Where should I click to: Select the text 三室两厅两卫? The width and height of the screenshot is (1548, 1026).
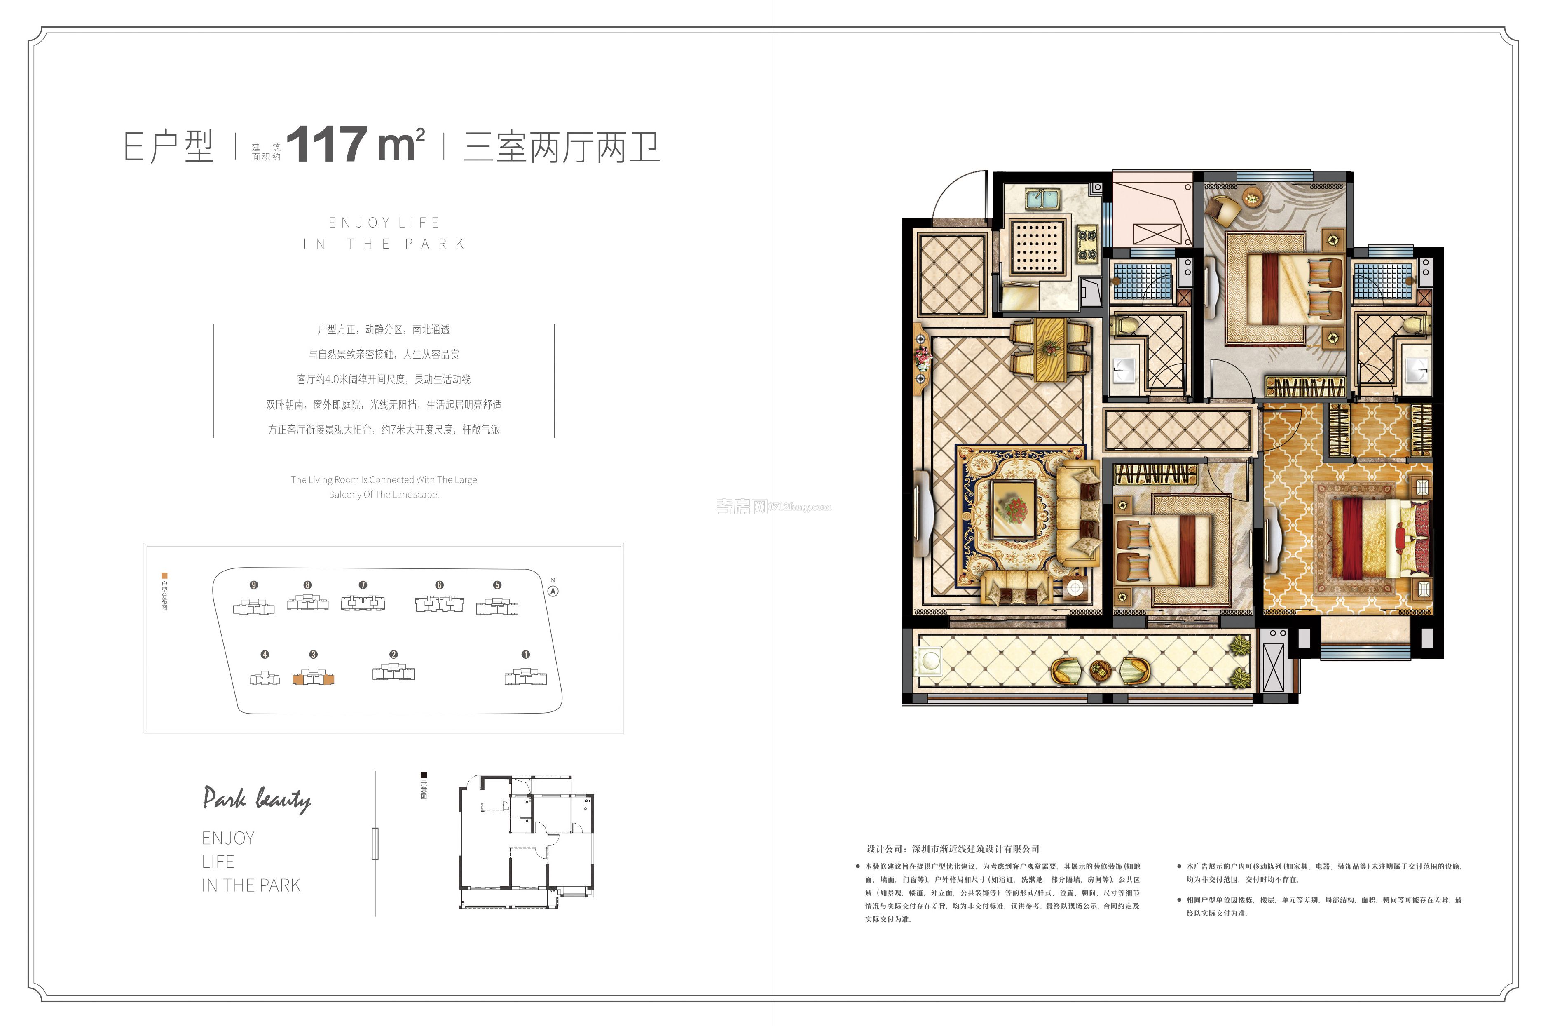[x=561, y=147]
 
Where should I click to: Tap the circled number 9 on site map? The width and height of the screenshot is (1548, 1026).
[x=254, y=585]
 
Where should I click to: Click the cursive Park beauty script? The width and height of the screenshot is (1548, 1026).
[x=256, y=800]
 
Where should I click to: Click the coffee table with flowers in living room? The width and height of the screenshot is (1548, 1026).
[x=1013, y=508]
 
